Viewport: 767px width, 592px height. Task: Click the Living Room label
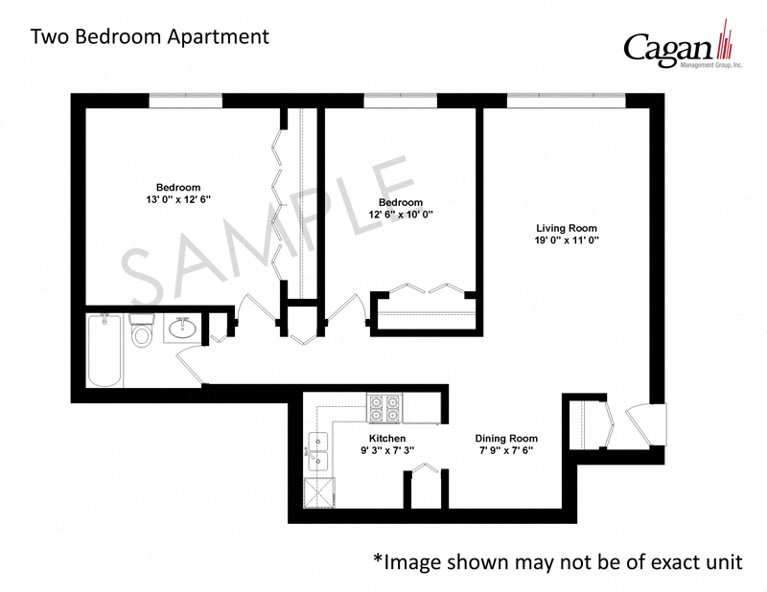point(566,228)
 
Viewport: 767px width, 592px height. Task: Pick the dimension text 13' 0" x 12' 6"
point(177,199)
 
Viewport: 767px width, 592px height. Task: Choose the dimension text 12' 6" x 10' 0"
point(400,216)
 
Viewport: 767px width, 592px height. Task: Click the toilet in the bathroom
point(142,332)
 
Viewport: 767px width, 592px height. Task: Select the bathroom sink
point(182,330)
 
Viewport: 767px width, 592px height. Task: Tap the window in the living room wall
point(566,99)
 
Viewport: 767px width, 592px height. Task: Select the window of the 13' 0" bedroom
point(185,99)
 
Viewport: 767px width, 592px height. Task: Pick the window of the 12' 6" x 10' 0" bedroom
point(400,99)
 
